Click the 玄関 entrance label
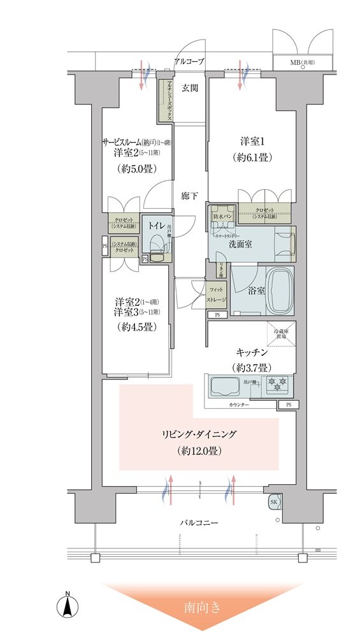(189, 88)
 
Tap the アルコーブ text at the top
(189, 62)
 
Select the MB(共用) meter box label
(302, 62)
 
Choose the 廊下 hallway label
(188, 197)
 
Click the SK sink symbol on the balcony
(274, 501)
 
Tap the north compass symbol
(67, 605)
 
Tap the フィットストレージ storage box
(216, 295)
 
